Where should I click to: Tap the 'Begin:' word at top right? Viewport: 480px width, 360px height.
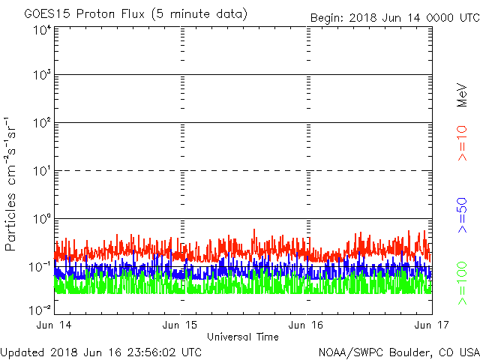pyautogui.click(x=328, y=18)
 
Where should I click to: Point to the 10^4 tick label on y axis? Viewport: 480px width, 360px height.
pyautogui.click(x=41, y=30)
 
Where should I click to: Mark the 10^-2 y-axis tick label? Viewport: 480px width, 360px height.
pyautogui.click(x=40, y=308)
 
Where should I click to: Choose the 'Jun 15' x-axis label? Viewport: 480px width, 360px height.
pyautogui.click(x=181, y=325)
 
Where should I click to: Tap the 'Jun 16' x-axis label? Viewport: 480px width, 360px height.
pyautogui.click(x=306, y=325)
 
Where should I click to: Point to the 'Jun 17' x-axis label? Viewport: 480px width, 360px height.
pyautogui.click(x=431, y=325)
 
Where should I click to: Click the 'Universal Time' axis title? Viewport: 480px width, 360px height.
pyautogui.click(x=242, y=337)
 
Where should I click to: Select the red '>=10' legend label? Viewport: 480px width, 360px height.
pyautogui.click(x=462, y=143)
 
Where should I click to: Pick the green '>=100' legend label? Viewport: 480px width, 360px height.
pyautogui.click(x=462, y=283)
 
